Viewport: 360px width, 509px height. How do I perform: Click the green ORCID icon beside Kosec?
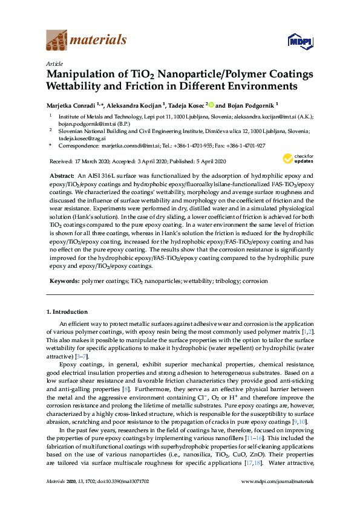(x=212, y=104)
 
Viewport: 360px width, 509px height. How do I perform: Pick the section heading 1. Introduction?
(x=67, y=312)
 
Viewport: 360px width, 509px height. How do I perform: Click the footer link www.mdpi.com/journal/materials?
(x=278, y=498)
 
